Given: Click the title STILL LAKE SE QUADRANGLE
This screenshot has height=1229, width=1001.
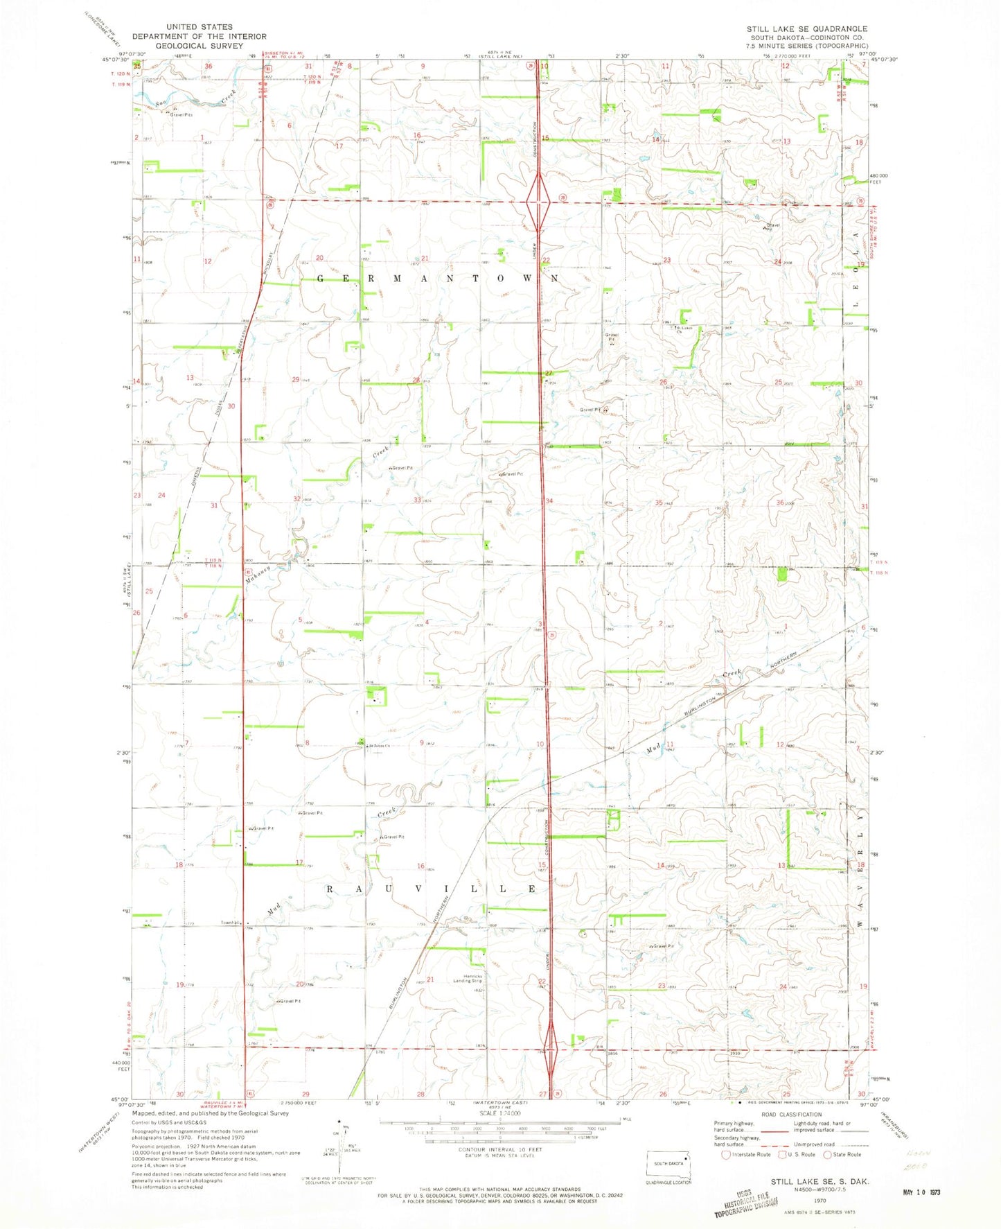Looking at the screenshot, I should click(x=806, y=28).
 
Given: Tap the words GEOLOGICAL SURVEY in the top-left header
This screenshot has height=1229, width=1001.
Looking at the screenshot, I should click(x=200, y=46).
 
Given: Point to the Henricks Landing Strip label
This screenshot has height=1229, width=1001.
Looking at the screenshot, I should click(x=468, y=978).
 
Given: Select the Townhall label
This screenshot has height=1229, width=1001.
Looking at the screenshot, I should click(x=230, y=923).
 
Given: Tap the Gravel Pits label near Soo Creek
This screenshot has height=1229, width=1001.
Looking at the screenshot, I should click(x=181, y=114).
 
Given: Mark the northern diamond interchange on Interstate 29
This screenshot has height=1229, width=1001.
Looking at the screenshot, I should click(x=538, y=202).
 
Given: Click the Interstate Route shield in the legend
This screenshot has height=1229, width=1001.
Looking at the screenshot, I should click(x=726, y=1154).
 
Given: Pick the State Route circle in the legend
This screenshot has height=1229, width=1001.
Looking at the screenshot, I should click(x=827, y=1154).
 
